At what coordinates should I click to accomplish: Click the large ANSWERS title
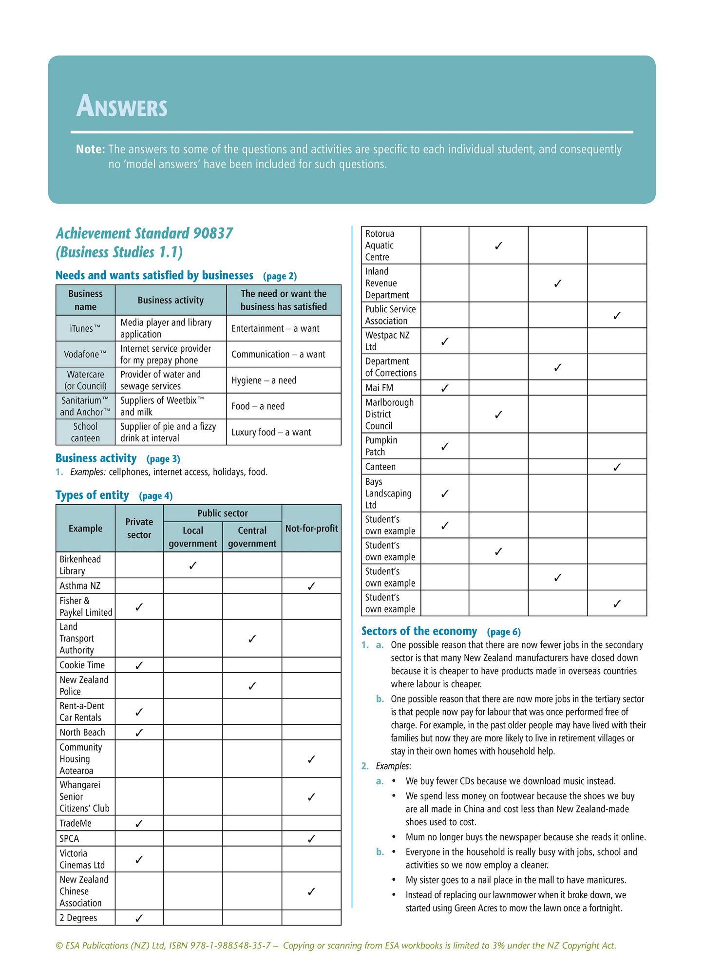(122, 106)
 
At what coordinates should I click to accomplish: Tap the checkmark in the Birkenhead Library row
(193, 565)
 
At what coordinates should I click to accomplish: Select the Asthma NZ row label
(80, 585)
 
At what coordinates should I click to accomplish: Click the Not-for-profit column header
(311, 529)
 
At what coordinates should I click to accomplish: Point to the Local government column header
(193, 537)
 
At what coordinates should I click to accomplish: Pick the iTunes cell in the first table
(85, 328)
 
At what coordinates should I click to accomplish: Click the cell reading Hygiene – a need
(264, 380)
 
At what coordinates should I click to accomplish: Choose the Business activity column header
(171, 300)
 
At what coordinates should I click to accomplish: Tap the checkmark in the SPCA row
(311, 838)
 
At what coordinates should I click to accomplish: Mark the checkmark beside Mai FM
(445, 388)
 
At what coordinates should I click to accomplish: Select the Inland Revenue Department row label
(387, 283)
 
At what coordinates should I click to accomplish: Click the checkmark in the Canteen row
(617, 467)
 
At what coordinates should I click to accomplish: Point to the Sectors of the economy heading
(419, 631)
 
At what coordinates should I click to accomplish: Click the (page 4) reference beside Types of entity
(156, 496)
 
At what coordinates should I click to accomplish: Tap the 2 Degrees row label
(78, 918)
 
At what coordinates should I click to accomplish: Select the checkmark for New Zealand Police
(252, 686)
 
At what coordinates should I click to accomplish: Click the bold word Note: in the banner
(90, 150)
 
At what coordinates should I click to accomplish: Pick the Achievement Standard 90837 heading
(144, 233)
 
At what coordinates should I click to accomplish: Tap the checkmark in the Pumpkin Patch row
(445, 446)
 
